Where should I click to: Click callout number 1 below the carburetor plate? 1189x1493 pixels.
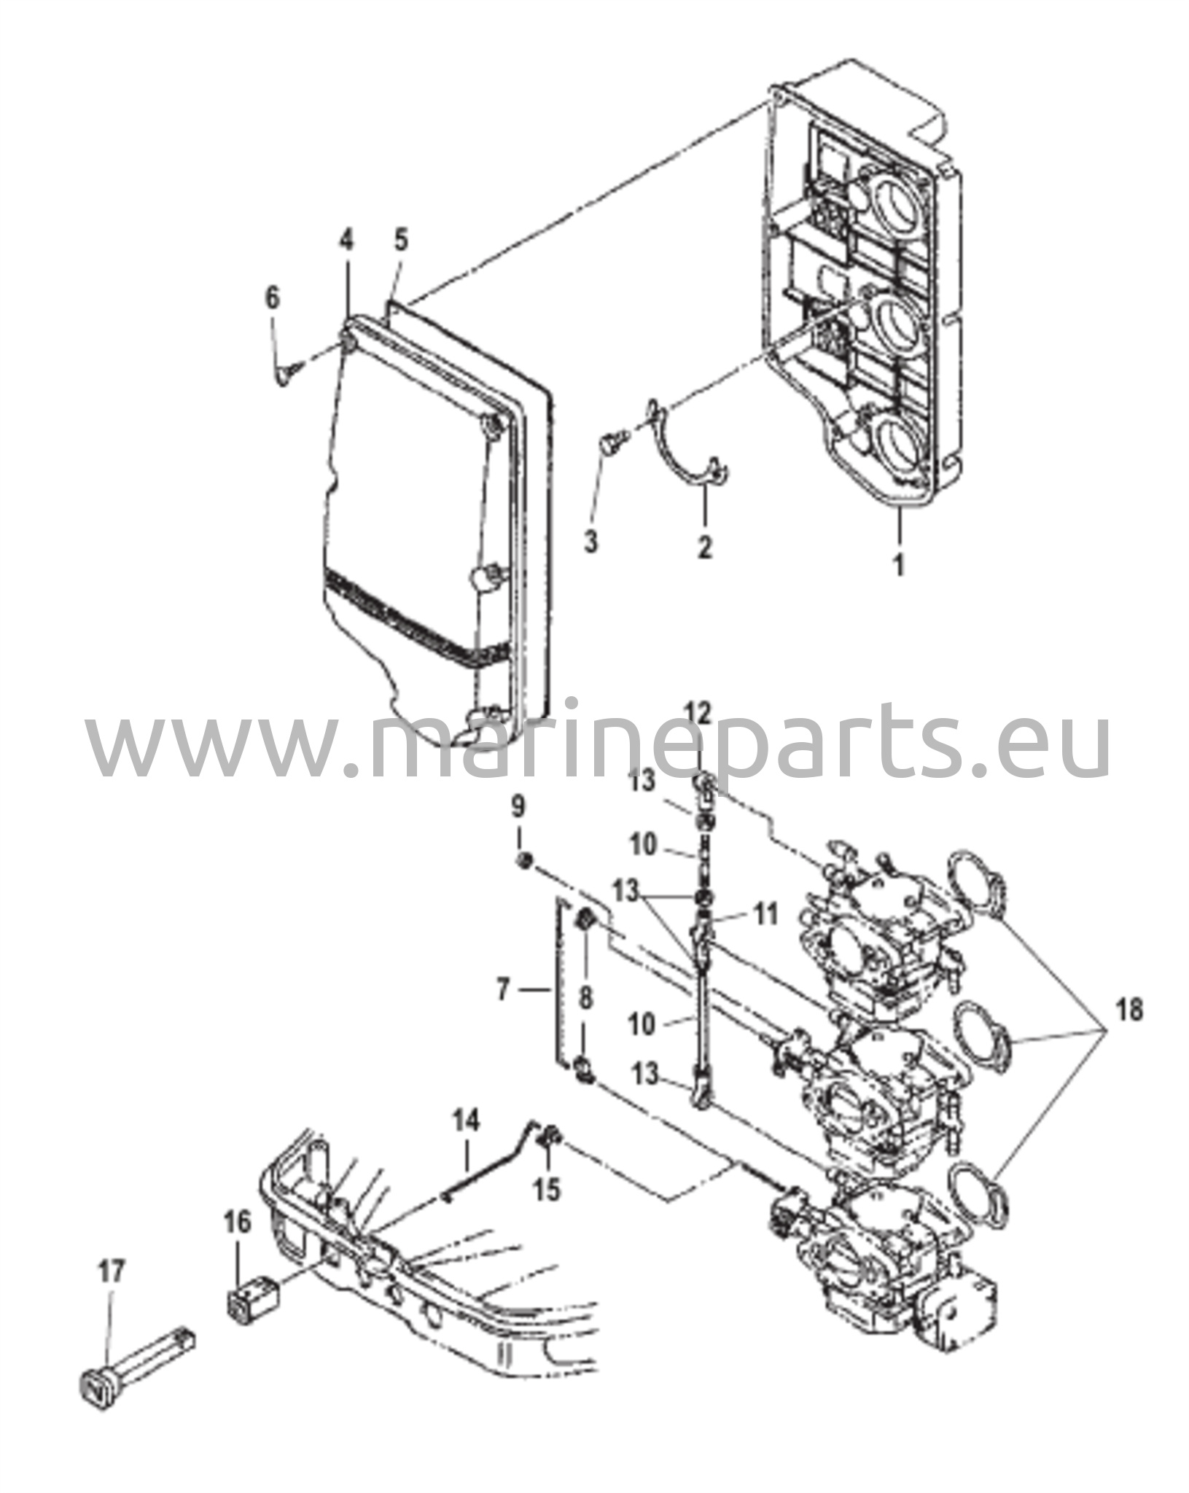tap(900, 564)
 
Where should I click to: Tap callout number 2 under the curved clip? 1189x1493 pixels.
tap(704, 545)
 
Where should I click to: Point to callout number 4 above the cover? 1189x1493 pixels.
tap(346, 241)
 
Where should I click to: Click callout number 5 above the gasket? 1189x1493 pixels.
tap(402, 241)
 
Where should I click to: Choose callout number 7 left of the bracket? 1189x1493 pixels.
tap(502, 990)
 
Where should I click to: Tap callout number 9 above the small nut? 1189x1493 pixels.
tap(518, 807)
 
